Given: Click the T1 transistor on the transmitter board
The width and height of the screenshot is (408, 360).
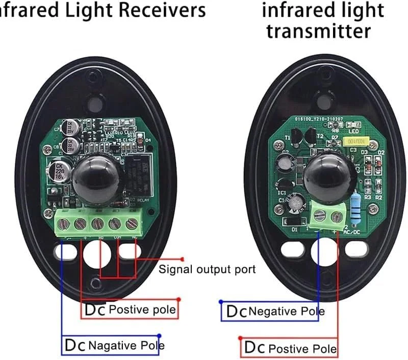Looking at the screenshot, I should (295, 137).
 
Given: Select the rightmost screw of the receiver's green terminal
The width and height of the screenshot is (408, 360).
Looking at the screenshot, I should (133, 223).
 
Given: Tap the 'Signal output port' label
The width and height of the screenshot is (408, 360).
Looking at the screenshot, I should (207, 269).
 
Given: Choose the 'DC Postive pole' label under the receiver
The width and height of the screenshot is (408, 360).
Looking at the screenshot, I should (130, 310).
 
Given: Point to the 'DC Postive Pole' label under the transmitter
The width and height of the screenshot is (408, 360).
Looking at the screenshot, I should (289, 348).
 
